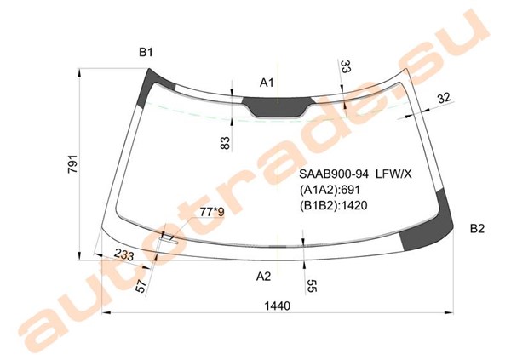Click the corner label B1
coord(146,52)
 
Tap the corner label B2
coord(477,229)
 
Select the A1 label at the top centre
coord(267,83)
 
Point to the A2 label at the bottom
coord(264,277)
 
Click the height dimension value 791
coord(73,163)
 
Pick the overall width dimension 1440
coord(277,306)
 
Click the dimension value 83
coord(225,143)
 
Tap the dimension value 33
coord(345,66)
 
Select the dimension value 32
coord(444,98)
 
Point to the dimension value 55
coord(312,286)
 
